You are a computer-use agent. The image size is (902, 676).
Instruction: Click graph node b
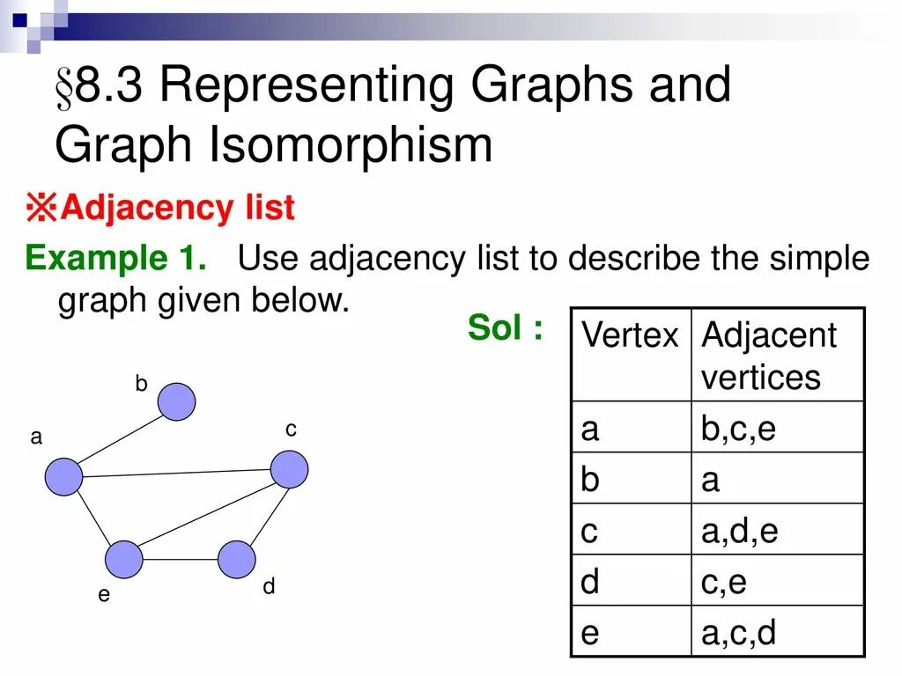tap(177, 401)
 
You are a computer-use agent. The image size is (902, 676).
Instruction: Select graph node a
tap(63, 476)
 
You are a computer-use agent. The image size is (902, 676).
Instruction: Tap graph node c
tap(289, 469)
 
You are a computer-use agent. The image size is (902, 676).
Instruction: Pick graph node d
tap(236, 559)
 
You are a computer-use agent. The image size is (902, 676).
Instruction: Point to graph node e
tap(124, 559)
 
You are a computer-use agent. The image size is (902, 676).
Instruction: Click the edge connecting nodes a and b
tap(121, 438)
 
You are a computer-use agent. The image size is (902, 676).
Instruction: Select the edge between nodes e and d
tap(180, 559)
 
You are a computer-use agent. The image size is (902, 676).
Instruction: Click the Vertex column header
tap(631, 335)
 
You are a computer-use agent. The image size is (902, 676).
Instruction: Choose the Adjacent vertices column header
tap(768, 356)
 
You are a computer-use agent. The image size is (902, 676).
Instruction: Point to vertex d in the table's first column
tap(590, 582)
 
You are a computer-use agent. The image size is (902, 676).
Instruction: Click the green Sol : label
tap(505, 328)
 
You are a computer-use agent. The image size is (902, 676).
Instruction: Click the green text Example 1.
tap(116, 259)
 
